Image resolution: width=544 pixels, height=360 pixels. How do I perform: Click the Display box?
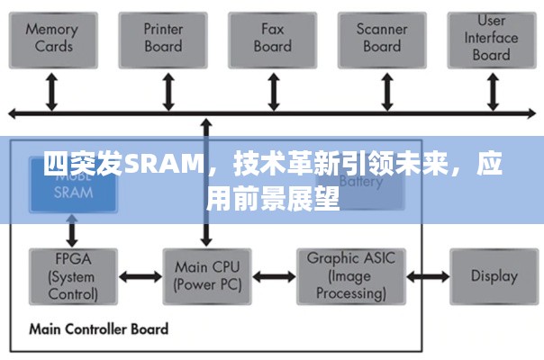point(494,276)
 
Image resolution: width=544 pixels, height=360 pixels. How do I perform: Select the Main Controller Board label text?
point(98,328)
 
